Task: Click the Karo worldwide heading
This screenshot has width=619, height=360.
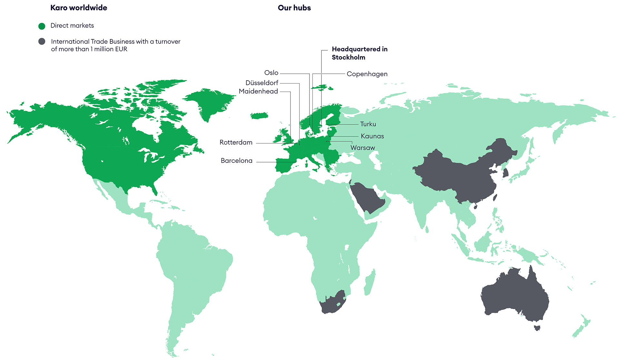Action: (79, 8)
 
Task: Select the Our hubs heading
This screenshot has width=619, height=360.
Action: (294, 8)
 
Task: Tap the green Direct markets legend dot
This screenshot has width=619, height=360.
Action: (42, 26)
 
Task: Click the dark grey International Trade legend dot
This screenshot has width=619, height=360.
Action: (42, 41)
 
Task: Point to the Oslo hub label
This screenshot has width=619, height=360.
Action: (271, 73)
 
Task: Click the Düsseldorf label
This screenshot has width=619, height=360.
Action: (262, 83)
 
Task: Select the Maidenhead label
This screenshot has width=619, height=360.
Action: (258, 91)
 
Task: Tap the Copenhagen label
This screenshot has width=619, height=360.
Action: (367, 74)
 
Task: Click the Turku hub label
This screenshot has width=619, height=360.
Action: (368, 124)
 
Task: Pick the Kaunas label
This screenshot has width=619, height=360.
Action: (372, 136)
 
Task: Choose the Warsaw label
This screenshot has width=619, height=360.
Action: (363, 148)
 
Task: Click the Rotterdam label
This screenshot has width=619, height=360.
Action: (236, 142)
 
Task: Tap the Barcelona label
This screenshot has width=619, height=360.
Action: (236, 161)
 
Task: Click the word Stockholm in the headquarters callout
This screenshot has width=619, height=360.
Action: (349, 57)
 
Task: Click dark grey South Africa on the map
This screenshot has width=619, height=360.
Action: (334, 303)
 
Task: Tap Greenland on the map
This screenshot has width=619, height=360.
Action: (210, 100)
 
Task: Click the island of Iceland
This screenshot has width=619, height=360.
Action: (259, 115)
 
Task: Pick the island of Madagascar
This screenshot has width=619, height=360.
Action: (370, 282)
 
